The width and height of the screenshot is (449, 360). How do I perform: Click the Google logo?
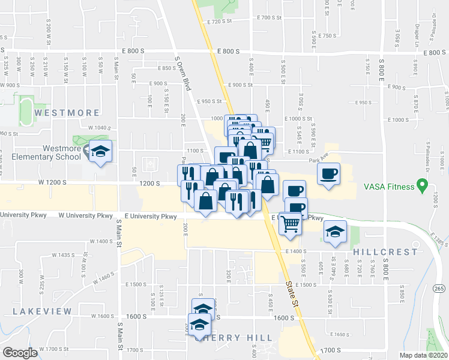coord(20,353)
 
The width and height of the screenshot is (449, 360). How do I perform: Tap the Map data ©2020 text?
coord(424,355)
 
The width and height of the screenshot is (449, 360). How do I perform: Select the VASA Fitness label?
coord(390,187)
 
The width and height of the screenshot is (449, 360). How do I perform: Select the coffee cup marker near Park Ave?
coord(328,174)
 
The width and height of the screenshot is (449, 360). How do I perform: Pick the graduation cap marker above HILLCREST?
coord(335,232)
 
